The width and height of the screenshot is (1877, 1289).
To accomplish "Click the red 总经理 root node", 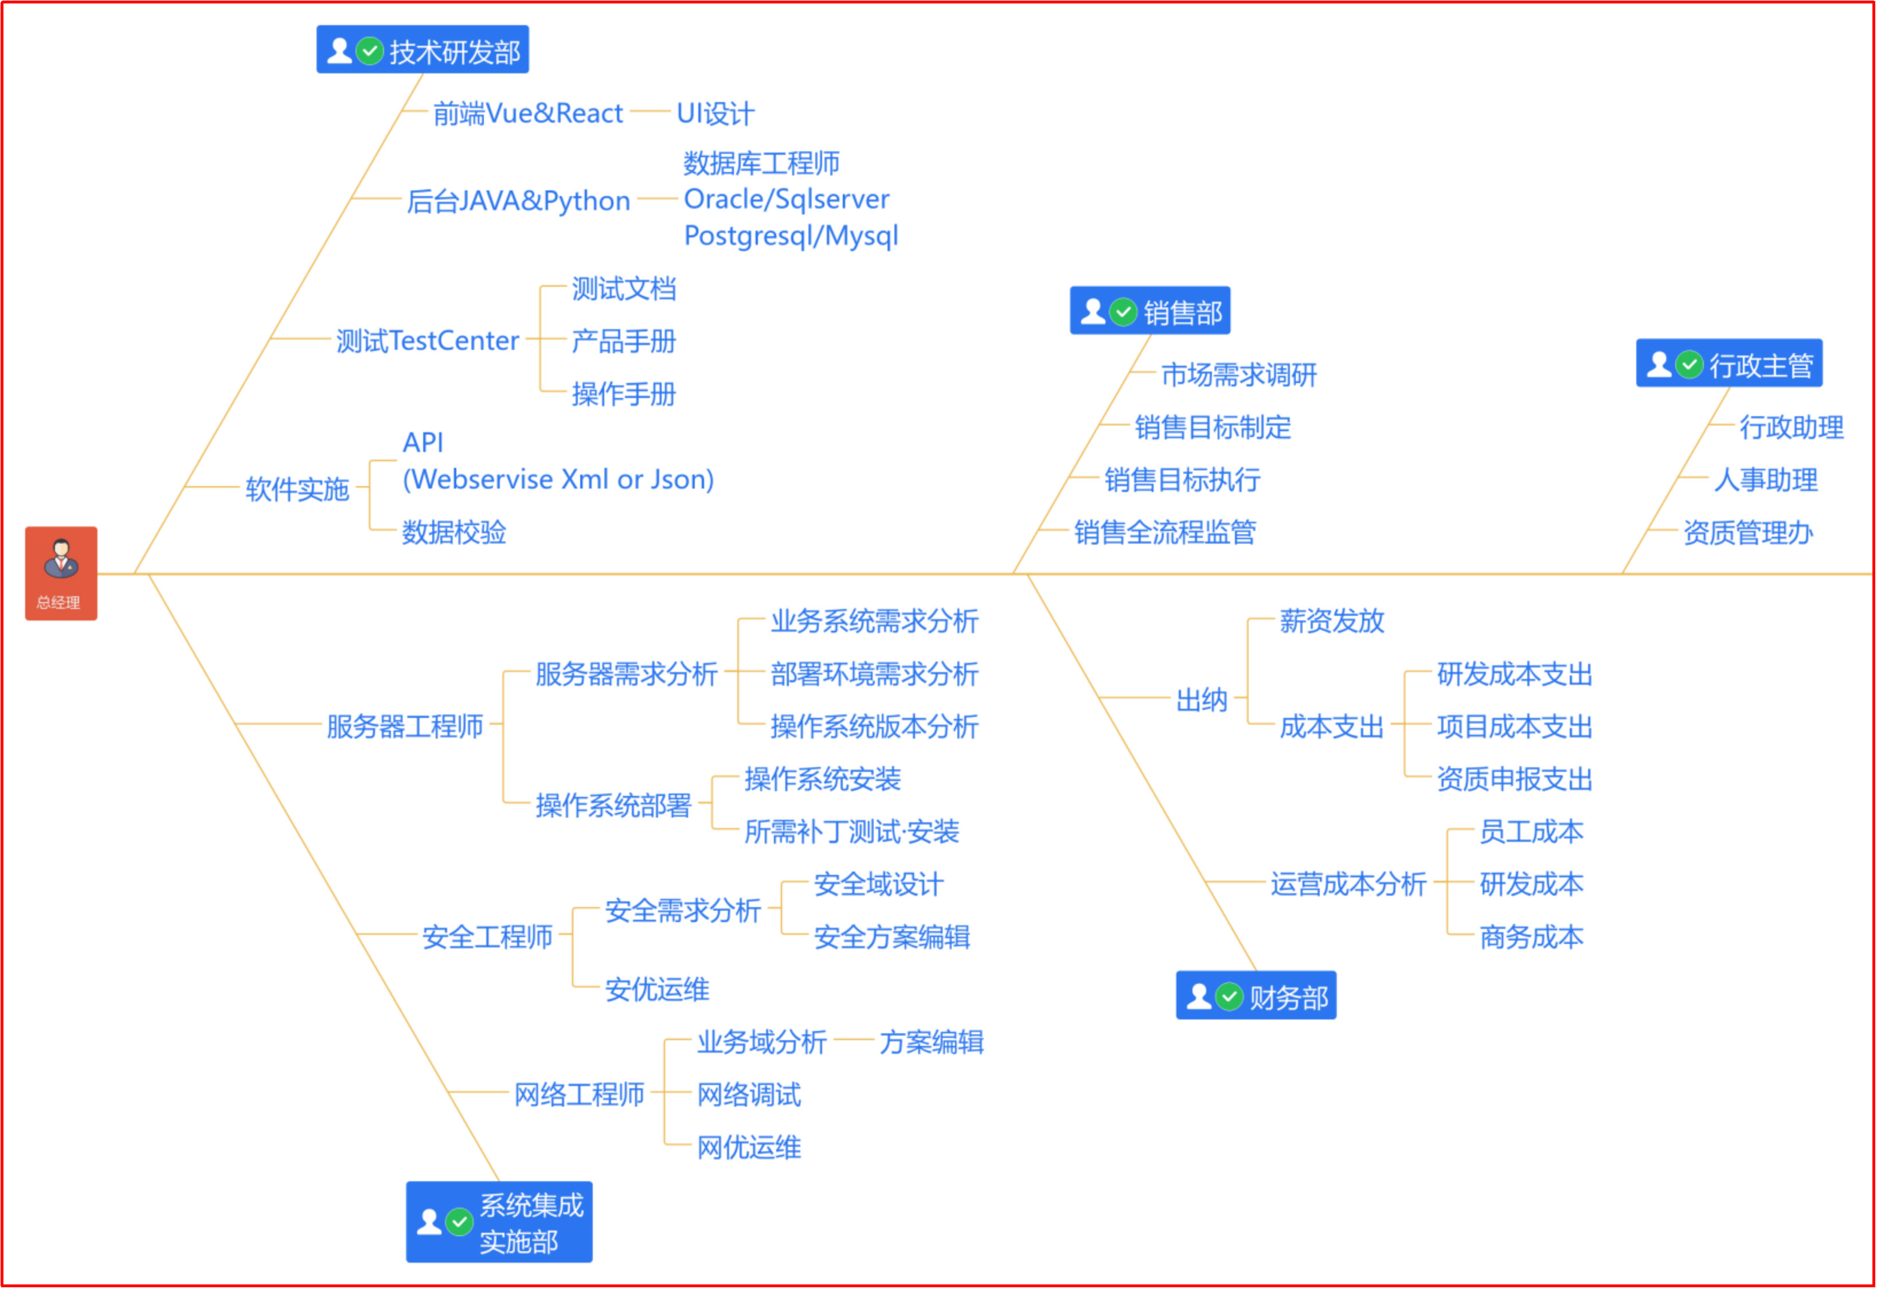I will click(61, 573).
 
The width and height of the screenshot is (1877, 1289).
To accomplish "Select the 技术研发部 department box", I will click(423, 50).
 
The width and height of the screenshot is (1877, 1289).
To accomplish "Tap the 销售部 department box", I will click(1150, 311).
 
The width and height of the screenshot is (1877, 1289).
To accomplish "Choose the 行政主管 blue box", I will click(1729, 364).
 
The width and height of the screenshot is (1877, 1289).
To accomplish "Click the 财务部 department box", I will click(1256, 996).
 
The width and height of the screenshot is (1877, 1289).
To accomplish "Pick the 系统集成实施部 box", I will click(499, 1222).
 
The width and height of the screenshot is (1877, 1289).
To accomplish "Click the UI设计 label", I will click(715, 113).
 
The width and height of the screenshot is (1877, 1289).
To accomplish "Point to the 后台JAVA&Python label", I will click(518, 200).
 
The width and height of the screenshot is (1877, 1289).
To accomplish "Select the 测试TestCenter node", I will click(427, 341).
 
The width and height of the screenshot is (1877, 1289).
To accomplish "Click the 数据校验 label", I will click(454, 532).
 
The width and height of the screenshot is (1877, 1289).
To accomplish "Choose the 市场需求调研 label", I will click(1239, 375).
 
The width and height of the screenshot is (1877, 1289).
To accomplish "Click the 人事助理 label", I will click(1766, 481).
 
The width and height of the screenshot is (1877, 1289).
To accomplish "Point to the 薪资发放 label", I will click(1332, 621).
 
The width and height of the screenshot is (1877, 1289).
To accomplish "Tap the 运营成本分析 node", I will click(1348, 884).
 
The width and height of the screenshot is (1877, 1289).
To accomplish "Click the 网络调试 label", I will click(749, 1095).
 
